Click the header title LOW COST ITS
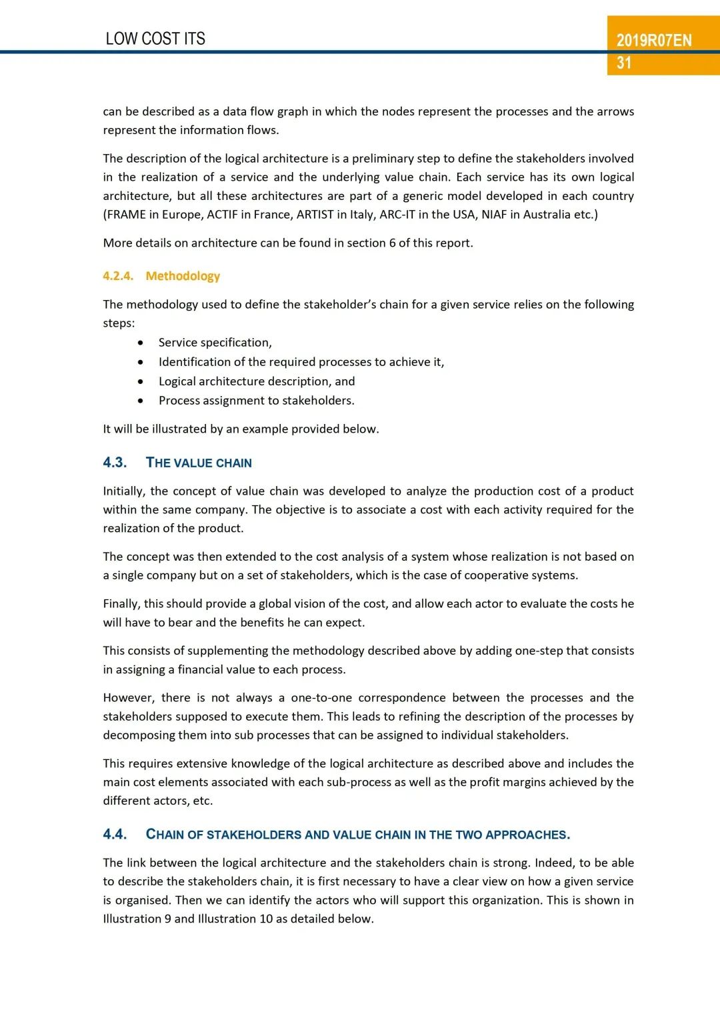(155, 39)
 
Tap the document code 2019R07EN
(654, 41)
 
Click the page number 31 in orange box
(624, 63)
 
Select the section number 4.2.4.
(118, 276)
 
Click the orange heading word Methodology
(183, 276)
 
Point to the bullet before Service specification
(141, 343)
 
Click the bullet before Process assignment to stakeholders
(141, 401)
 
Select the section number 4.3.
(115, 463)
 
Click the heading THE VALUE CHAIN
(199, 463)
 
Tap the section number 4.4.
(115, 835)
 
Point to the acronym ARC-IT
(397, 215)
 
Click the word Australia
(547, 215)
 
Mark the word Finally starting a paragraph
(121, 604)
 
